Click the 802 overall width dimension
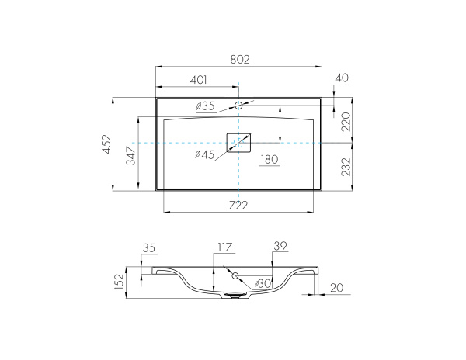[240, 60]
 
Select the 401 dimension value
[199, 80]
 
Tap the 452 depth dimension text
[106, 144]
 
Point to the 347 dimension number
[130, 155]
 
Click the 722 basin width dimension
[238, 205]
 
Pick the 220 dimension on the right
[346, 122]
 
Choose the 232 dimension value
[346, 167]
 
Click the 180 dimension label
[270, 160]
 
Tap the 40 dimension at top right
[342, 78]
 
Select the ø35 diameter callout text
[205, 106]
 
